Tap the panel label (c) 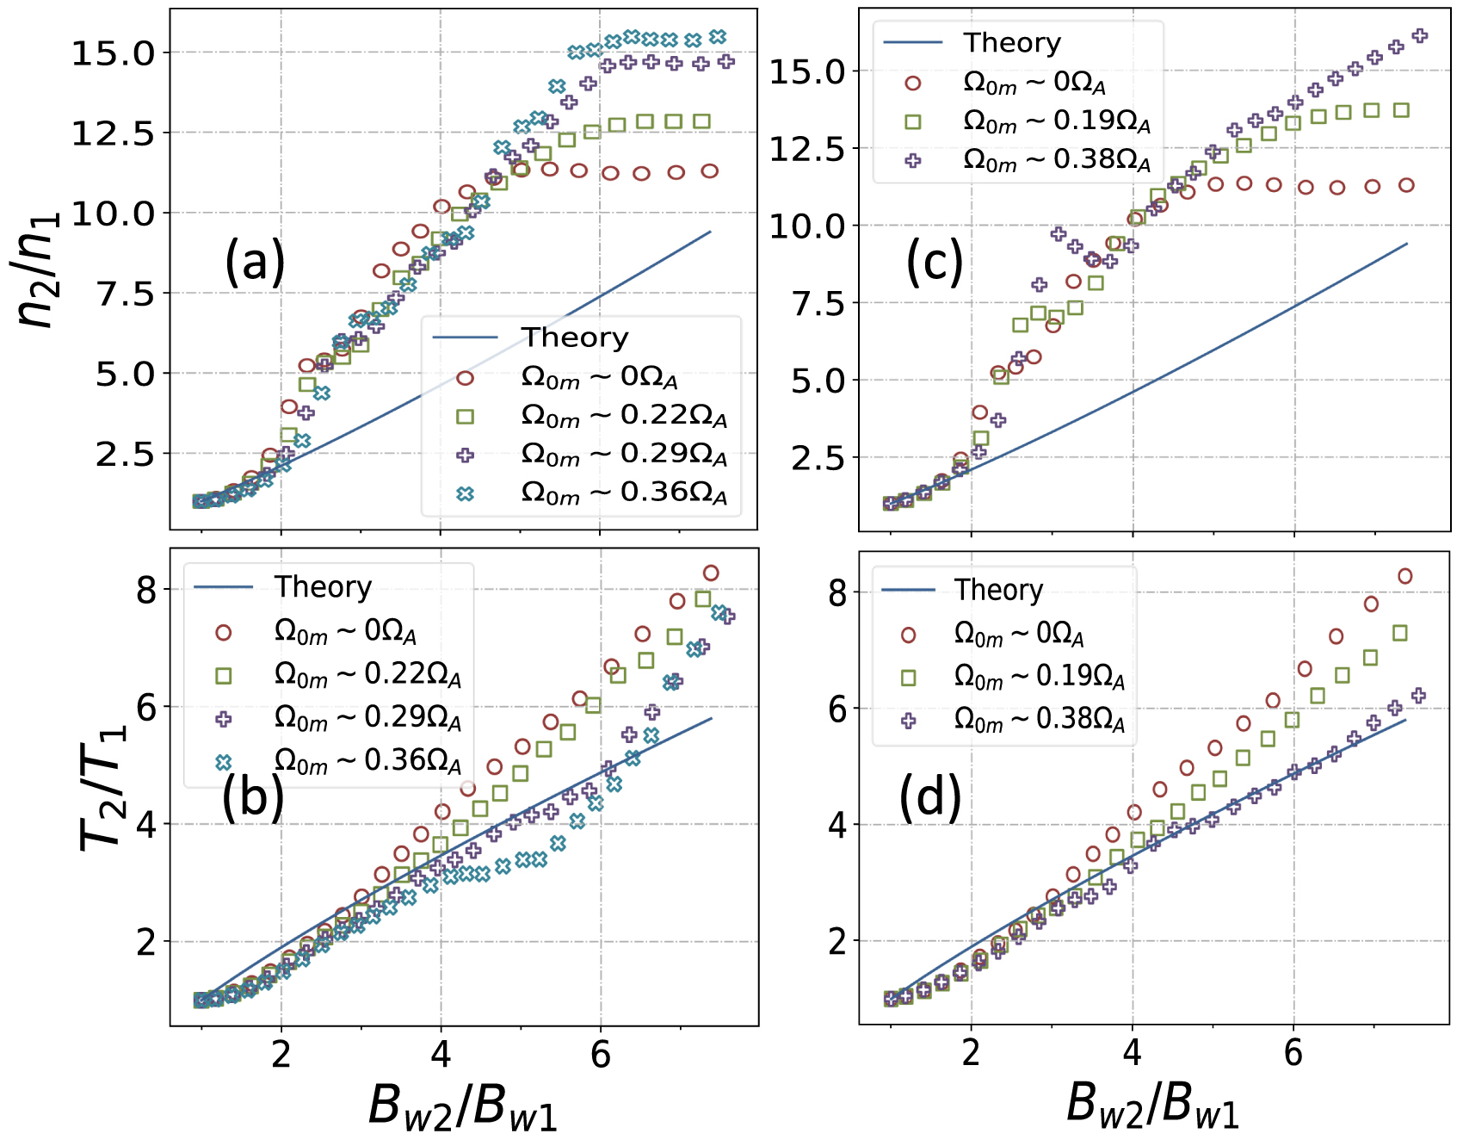pyautogui.click(x=935, y=263)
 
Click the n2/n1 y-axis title pyautogui.click(x=39, y=269)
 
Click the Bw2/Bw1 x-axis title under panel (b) pyautogui.click(x=462, y=1106)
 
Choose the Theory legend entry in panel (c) pyautogui.click(x=1011, y=42)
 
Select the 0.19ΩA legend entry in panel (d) pyautogui.click(x=1038, y=677)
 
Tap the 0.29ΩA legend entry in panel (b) pyautogui.click(x=367, y=717)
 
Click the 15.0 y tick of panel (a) pyautogui.click(x=113, y=53)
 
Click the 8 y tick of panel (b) pyautogui.click(x=146, y=591)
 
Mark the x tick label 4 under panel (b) pyautogui.click(x=441, y=1054)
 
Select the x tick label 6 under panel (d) pyautogui.click(x=1293, y=1052)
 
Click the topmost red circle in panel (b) pyautogui.click(x=711, y=573)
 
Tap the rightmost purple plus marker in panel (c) pyautogui.click(x=1420, y=35)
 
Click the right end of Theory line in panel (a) pyautogui.click(x=710, y=232)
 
